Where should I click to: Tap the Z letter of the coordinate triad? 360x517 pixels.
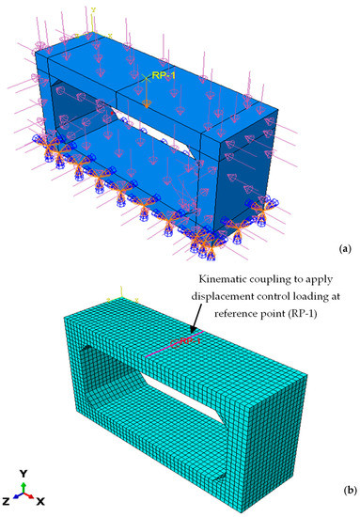tap(10, 498)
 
